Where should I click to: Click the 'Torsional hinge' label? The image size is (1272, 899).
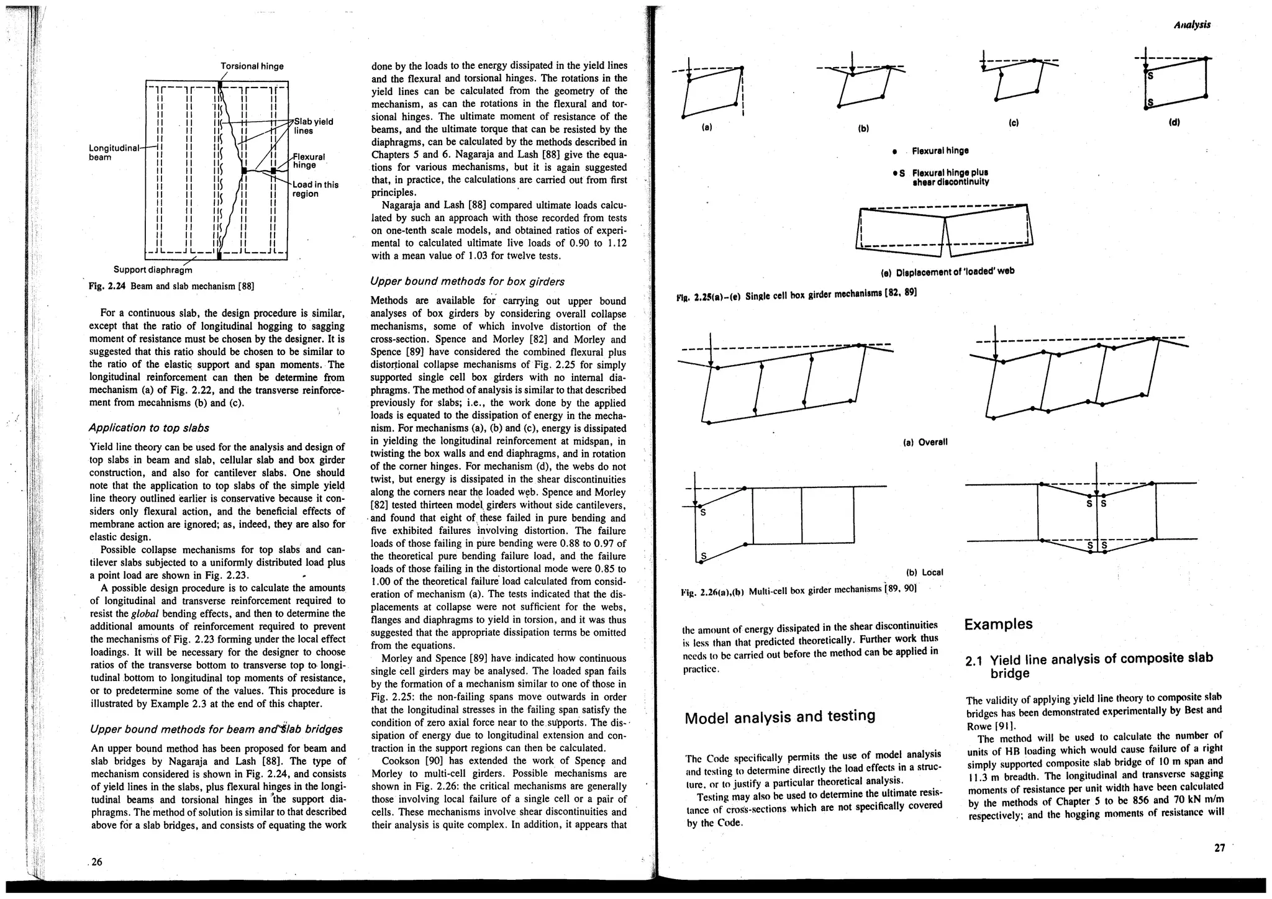click(x=252, y=66)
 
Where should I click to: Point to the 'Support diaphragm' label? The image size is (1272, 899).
click(x=153, y=270)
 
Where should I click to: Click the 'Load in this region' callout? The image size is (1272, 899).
click(x=315, y=189)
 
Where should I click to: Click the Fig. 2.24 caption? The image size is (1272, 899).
click(x=171, y=286)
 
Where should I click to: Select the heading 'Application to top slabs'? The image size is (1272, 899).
click(x=149, y=428)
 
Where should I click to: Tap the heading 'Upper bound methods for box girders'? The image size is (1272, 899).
click(x=467, y=281)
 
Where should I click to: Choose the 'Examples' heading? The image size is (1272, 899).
click(x=998, y=624)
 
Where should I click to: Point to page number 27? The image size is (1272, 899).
click(x=1220, y=848)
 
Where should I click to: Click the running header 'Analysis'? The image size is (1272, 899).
click(x=1192, y=25)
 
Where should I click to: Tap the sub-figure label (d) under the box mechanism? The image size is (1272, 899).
click(x=1174, y=122)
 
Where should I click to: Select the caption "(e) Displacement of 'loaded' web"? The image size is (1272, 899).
click(x=947, y=271)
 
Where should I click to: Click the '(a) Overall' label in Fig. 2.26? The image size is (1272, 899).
click(x=924, y=442)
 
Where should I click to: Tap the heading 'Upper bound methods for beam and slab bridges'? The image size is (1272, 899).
click(x=216, y=729)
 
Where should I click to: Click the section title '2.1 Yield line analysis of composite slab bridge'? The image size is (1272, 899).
click(x=1089, y=666)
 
